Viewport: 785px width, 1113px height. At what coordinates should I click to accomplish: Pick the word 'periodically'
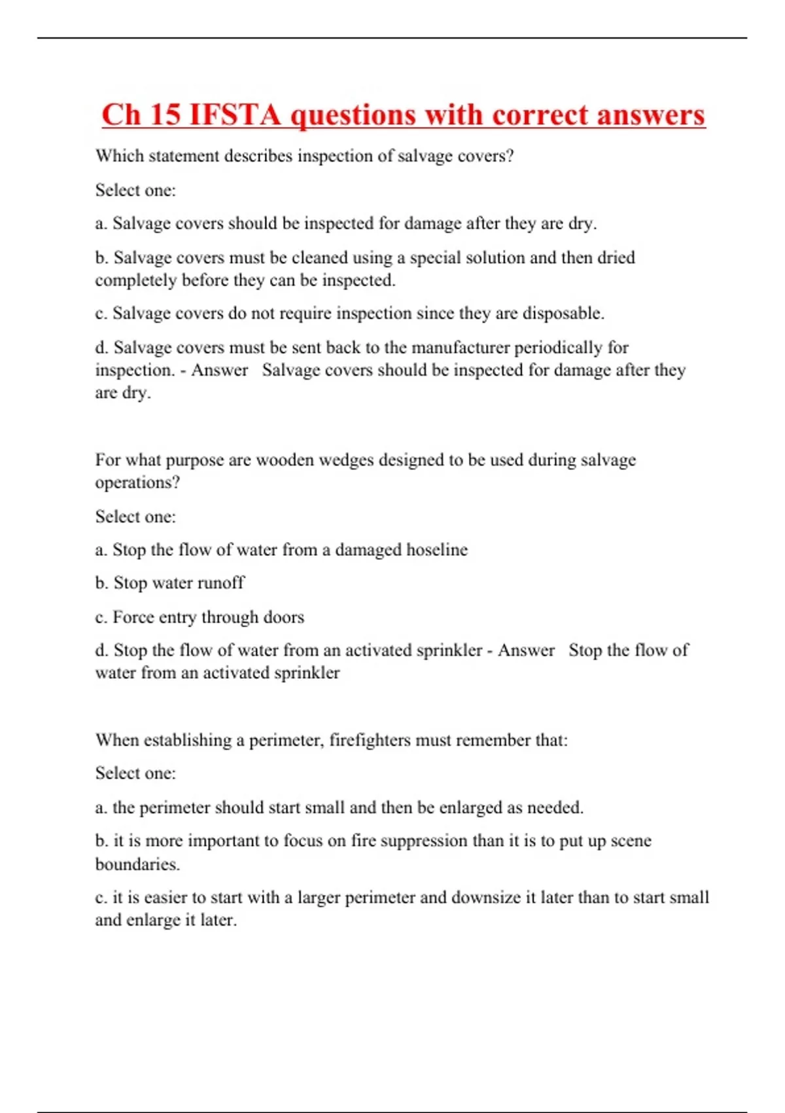coord(558,347)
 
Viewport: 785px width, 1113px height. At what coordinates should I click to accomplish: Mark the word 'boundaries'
coord(137,864)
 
